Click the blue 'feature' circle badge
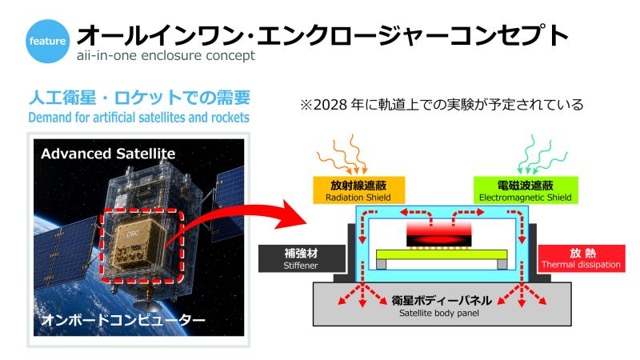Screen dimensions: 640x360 [x=47, y=42]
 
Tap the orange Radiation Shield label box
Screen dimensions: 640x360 [x=358, y=190]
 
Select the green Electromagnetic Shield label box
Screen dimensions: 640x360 [x=526, y=190]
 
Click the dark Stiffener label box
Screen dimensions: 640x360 [x=302, y=258]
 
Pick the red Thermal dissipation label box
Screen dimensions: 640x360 [x=582, y=258]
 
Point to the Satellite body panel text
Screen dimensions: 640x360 [x=439, y=313]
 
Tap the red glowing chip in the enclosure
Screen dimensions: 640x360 [x=439, y=234]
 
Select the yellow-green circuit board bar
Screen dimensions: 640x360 [x=442, y=254]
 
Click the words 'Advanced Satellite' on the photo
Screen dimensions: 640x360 [x=108, y=154]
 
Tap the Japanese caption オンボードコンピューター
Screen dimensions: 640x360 [x=123, y=320]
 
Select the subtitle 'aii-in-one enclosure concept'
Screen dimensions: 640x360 [x=166, y=55]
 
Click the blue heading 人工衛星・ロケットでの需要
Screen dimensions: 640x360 [x=139, y=98]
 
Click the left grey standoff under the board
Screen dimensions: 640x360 [x=381, y=265]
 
